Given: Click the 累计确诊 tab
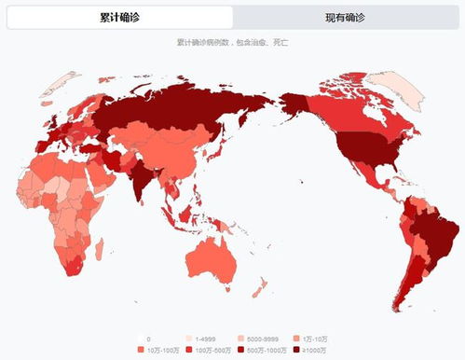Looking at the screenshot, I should pos(119,18).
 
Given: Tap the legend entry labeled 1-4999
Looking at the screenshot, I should pos(204,338).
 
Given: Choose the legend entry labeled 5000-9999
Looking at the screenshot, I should pos(256,338).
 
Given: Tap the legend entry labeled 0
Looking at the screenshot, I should pos(147,338).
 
